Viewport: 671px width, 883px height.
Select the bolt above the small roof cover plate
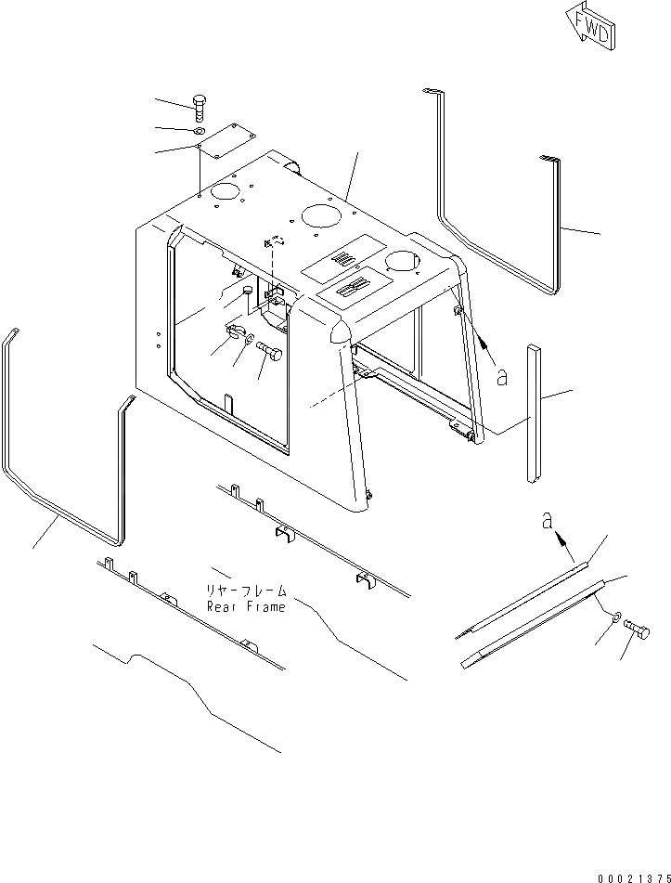click(200, 107)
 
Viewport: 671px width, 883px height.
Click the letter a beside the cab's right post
click(501, 378)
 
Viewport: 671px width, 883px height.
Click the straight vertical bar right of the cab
click(532, 414)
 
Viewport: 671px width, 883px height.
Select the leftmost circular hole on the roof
click(224, 192)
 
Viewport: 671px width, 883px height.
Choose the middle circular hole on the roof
click(320, 216)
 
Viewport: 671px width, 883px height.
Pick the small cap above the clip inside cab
click(247, 292)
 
